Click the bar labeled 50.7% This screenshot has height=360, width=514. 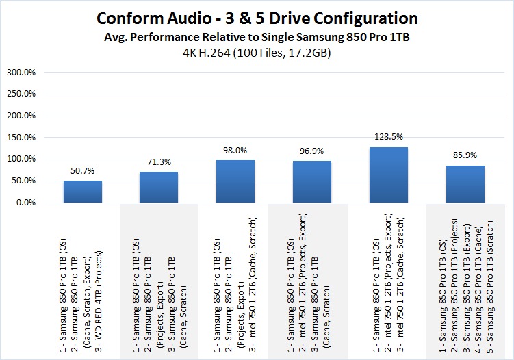tap(82, 192)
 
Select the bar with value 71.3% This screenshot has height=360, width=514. tap(159, 187)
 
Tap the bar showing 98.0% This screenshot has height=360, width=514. tap(235, 181)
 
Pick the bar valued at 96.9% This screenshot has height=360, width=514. tap(312, 181)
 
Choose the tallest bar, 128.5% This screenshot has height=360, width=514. tap(389, 175)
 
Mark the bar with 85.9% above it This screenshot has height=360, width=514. tap(465, 184)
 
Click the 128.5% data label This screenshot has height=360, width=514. tap(389, 137)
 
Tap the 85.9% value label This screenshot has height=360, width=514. tap(465, 155)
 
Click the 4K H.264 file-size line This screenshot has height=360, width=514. tap(257, 52)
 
